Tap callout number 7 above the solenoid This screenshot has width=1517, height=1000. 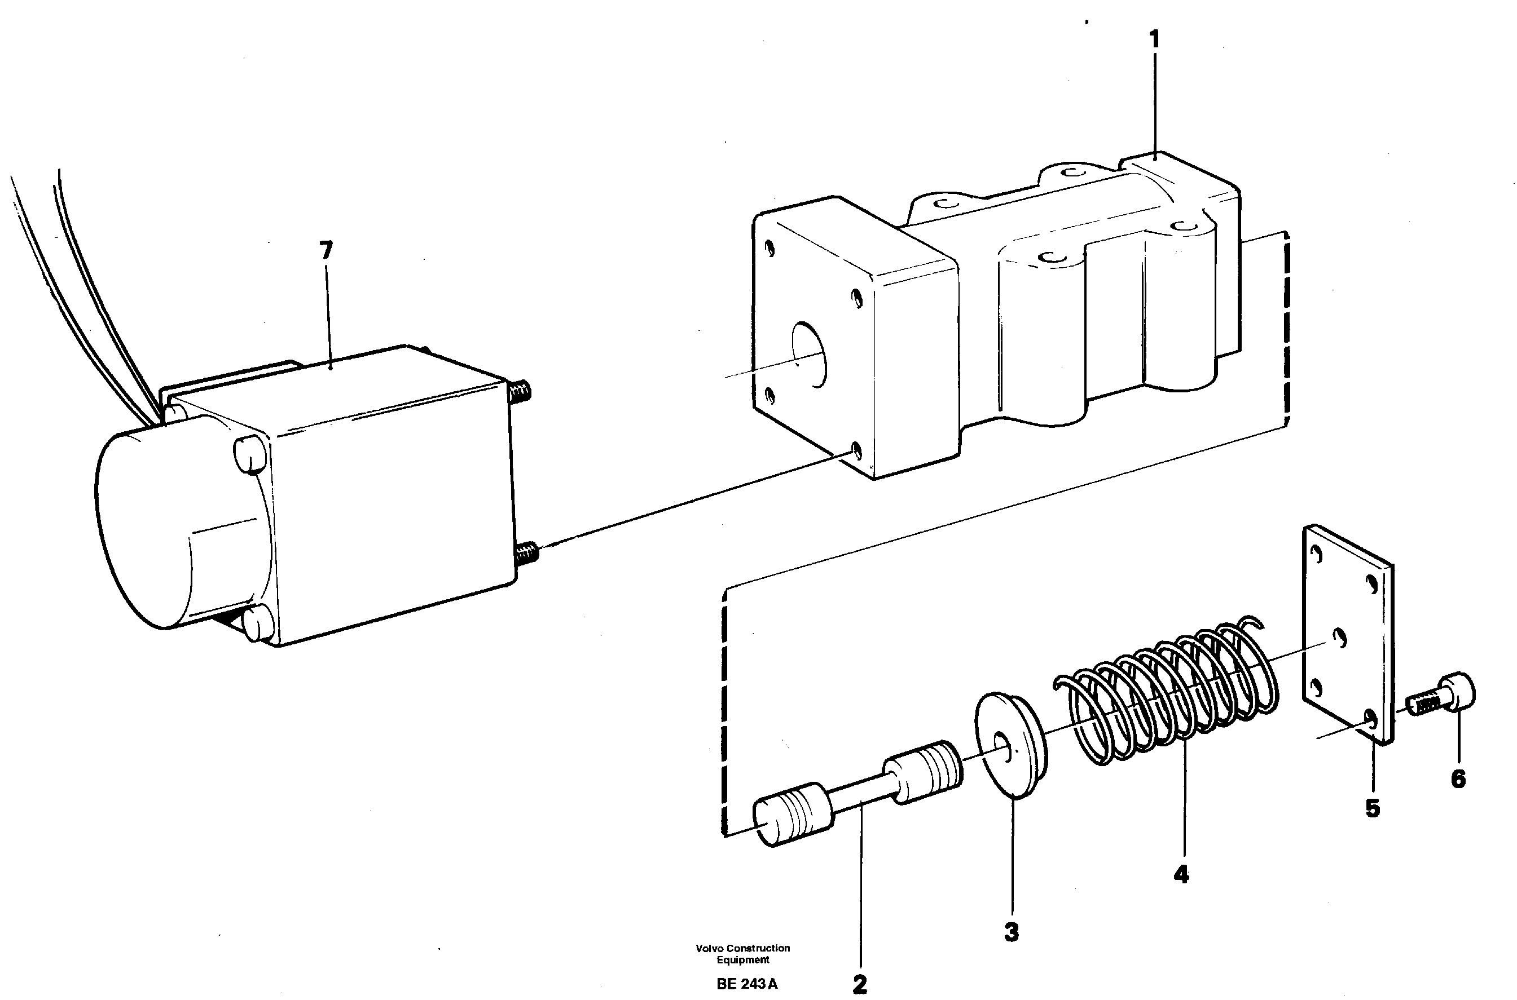(326, 250)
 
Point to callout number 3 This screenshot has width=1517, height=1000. (1011, 932)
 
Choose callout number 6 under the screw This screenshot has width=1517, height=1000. (1458, 778)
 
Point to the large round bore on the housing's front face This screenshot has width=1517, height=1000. (808, 355)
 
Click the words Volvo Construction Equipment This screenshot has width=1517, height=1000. (742, 953)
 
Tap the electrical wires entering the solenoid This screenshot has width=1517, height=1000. (89, 287)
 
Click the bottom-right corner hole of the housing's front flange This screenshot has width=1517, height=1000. (856, 452)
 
